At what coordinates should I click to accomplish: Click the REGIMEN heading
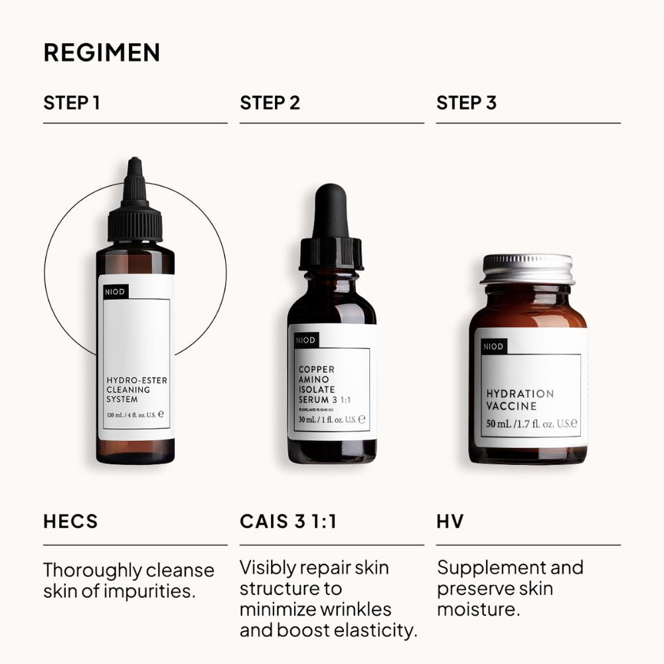[102, 53]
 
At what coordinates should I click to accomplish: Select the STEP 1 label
[72, 103]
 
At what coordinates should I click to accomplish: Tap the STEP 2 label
[270, 103]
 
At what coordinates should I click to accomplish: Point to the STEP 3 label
[466, 103]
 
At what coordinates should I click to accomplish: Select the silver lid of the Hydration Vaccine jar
[527, 268]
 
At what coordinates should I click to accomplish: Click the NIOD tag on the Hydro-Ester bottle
[114, 291]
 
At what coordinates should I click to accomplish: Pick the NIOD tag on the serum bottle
[305, 340]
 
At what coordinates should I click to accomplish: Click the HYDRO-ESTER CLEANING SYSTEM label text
[136, 390]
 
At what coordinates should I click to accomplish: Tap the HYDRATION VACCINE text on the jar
[520, 400]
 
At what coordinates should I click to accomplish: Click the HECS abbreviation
[70, 521]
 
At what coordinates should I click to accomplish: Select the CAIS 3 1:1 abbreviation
[288, 521]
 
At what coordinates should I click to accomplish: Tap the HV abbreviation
[450, 521]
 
